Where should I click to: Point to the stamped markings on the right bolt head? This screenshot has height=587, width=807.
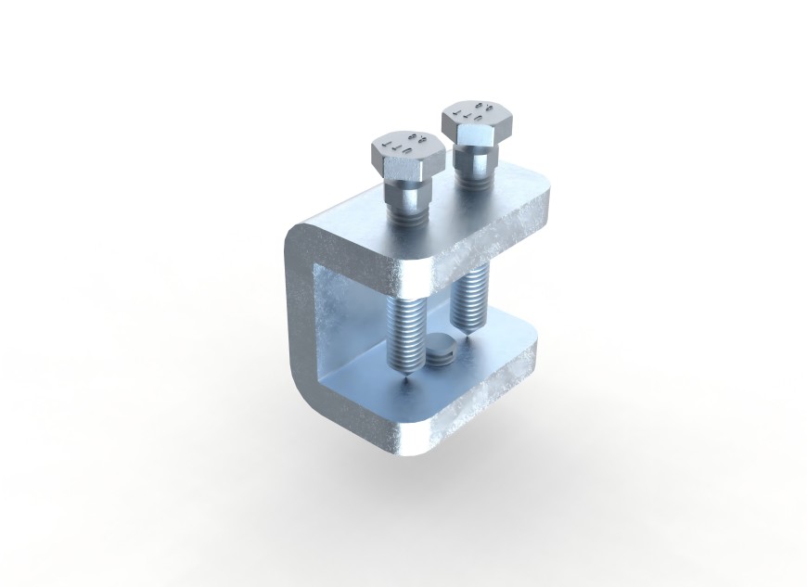point(472,112)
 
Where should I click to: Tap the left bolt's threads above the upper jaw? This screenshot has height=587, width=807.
point(407,221)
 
